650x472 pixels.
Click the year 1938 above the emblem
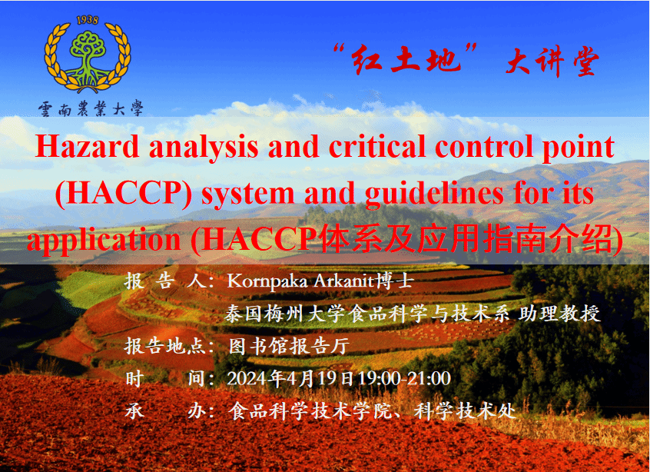88,20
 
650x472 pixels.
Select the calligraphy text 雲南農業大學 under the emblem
91,108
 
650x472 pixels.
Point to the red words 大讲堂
552,61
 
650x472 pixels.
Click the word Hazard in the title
87,146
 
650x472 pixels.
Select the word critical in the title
377,146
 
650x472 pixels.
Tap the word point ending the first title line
579,148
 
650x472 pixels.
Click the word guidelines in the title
434,194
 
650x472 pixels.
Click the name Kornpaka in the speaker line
267,281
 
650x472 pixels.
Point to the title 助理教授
559,314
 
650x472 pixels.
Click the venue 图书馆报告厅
289,346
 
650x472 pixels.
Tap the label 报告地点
165,346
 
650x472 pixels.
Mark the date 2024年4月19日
290,379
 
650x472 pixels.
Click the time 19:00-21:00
404,379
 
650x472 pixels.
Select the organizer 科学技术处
465,411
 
